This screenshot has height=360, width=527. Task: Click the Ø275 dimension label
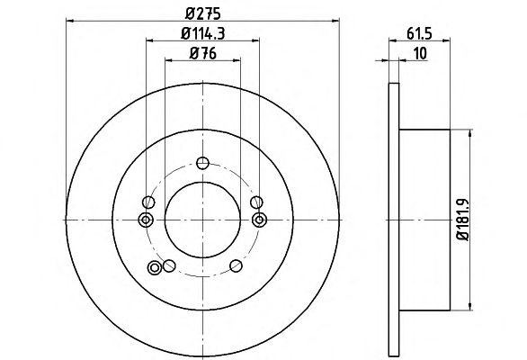pyautogui.click(x=202, y=13)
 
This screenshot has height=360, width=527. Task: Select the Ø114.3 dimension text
pyautogui.click(x=202, y=33)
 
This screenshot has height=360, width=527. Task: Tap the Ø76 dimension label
pyautogui.click(x=202, y=53)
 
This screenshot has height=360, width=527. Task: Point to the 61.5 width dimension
pyautogui.click(x=419, y=33)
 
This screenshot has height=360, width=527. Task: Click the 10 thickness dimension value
pyautogui.click(x=420, y=53)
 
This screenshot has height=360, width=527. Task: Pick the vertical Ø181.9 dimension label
pyautogui.click(x=462, y=220)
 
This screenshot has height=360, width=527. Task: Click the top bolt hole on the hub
pyautogui.click(x=202, y=163)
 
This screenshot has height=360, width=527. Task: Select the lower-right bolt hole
pyautogui.click(x=236, y=265)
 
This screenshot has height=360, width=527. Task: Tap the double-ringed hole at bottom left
pyautogui.click(x=155, y=268)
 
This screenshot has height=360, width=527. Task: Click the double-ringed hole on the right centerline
pyautogui.click(x=259, y=220)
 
